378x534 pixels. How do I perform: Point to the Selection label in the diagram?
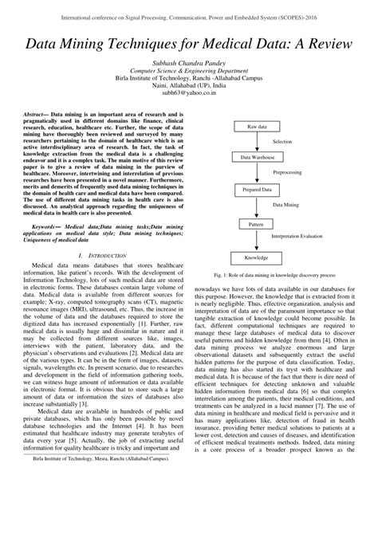[x=284, y=142]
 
